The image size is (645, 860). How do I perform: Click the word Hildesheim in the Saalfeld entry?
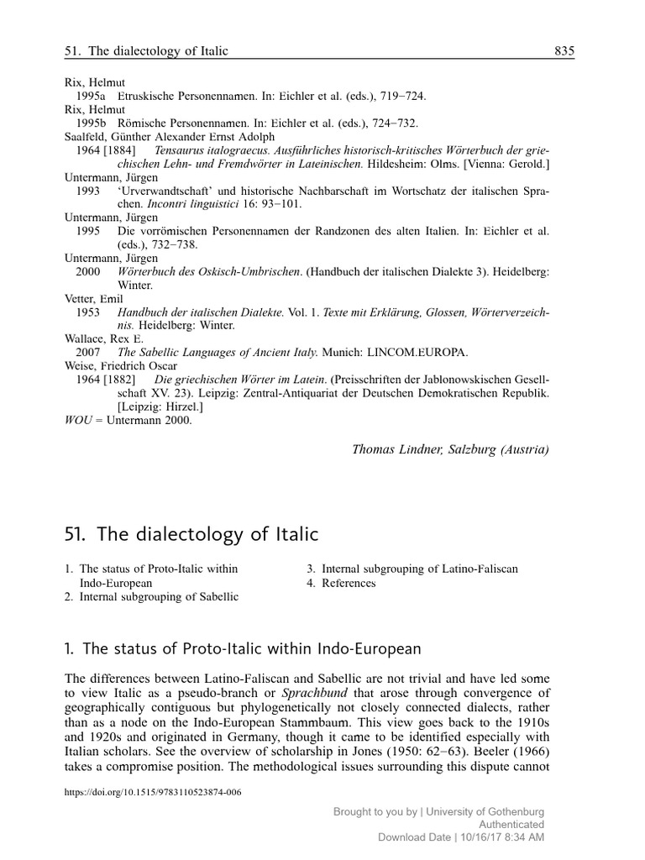tap(397, 164)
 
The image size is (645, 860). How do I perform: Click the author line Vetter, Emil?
tap(94, 298)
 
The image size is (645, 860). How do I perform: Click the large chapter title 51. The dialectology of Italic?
tap(191, 533)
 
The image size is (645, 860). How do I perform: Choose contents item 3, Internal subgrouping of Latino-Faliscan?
tap(412, 569)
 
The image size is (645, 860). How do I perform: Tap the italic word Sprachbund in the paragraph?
tap(313, 693)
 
